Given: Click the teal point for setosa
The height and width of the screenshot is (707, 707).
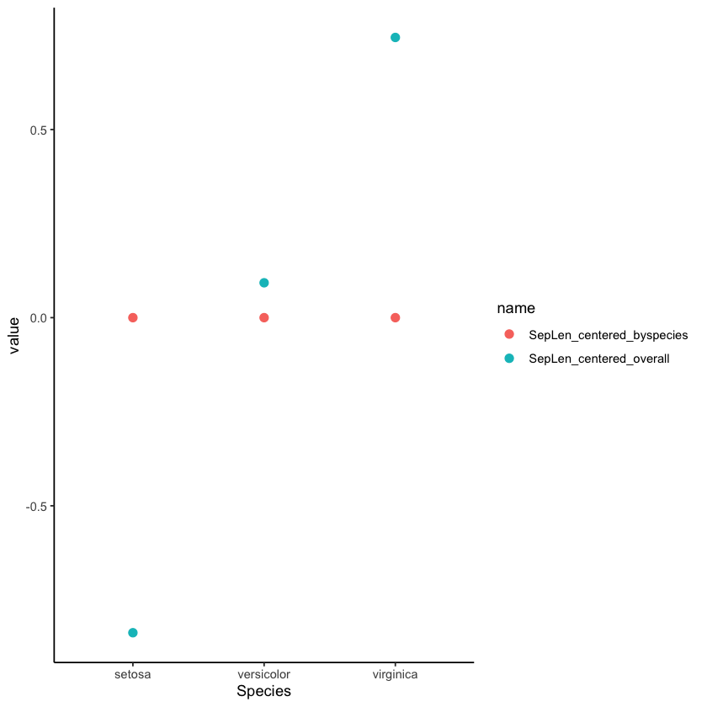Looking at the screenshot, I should (133, 633).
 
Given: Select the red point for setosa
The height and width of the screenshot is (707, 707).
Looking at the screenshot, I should (133, 317).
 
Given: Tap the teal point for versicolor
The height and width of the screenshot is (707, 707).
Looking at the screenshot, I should (264, 283).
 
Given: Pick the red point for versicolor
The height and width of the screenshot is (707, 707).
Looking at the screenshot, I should (264, 317).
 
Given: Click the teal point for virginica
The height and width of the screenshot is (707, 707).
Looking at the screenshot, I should (396, 38).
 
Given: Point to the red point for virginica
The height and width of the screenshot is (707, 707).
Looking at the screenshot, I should (396, 317).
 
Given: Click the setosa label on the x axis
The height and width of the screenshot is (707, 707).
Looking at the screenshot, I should (133, 675).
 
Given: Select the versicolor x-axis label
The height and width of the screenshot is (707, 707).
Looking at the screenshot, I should (264, 675).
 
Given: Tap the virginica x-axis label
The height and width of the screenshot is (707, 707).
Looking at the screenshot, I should (396, 675).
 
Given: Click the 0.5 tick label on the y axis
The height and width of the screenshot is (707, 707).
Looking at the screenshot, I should (38, 130).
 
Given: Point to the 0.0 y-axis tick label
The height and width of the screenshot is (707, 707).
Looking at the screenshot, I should (38, 317).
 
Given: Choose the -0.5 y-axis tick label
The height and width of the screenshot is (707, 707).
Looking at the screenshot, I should (36, 506).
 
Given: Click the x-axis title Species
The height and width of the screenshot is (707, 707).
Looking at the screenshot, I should (263, 692).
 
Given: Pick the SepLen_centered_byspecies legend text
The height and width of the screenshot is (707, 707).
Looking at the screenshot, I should (608, 335).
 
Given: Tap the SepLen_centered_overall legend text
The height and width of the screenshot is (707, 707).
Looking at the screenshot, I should (598, 359).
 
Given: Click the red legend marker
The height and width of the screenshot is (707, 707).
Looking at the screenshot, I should (508, 335).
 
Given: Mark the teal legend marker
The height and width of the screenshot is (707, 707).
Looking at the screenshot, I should (508, 359).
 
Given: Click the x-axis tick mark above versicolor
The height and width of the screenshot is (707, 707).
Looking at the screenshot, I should (264, 665).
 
